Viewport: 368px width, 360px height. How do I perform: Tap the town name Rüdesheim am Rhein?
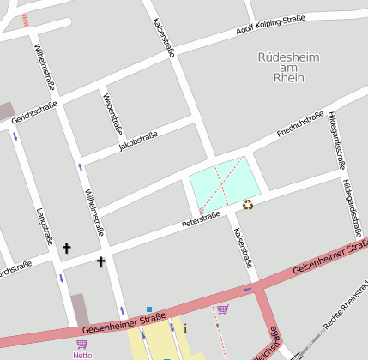click(288, 67)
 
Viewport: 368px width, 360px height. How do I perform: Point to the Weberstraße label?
click(112, 114)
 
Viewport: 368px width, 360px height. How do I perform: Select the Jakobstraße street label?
click(140, 142)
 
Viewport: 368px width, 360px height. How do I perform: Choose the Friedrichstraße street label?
click(300, 125)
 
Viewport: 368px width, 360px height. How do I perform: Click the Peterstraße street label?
click(201, 219)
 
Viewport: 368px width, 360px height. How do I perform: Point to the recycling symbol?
click(249, 204)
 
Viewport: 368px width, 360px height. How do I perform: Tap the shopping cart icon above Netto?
click(81, 344)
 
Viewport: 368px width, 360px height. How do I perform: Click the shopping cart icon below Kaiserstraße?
click(223, 309)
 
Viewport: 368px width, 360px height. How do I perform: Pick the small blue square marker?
click(149, 309)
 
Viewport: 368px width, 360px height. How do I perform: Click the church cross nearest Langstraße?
click(67, 249)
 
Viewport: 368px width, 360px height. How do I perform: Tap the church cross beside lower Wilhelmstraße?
click(100, 261)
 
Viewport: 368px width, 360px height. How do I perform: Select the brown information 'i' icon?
click(185, 327)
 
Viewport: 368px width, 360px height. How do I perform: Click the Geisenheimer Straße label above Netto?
click(124, 323)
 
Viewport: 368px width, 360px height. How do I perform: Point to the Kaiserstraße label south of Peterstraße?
click(243, 249)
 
